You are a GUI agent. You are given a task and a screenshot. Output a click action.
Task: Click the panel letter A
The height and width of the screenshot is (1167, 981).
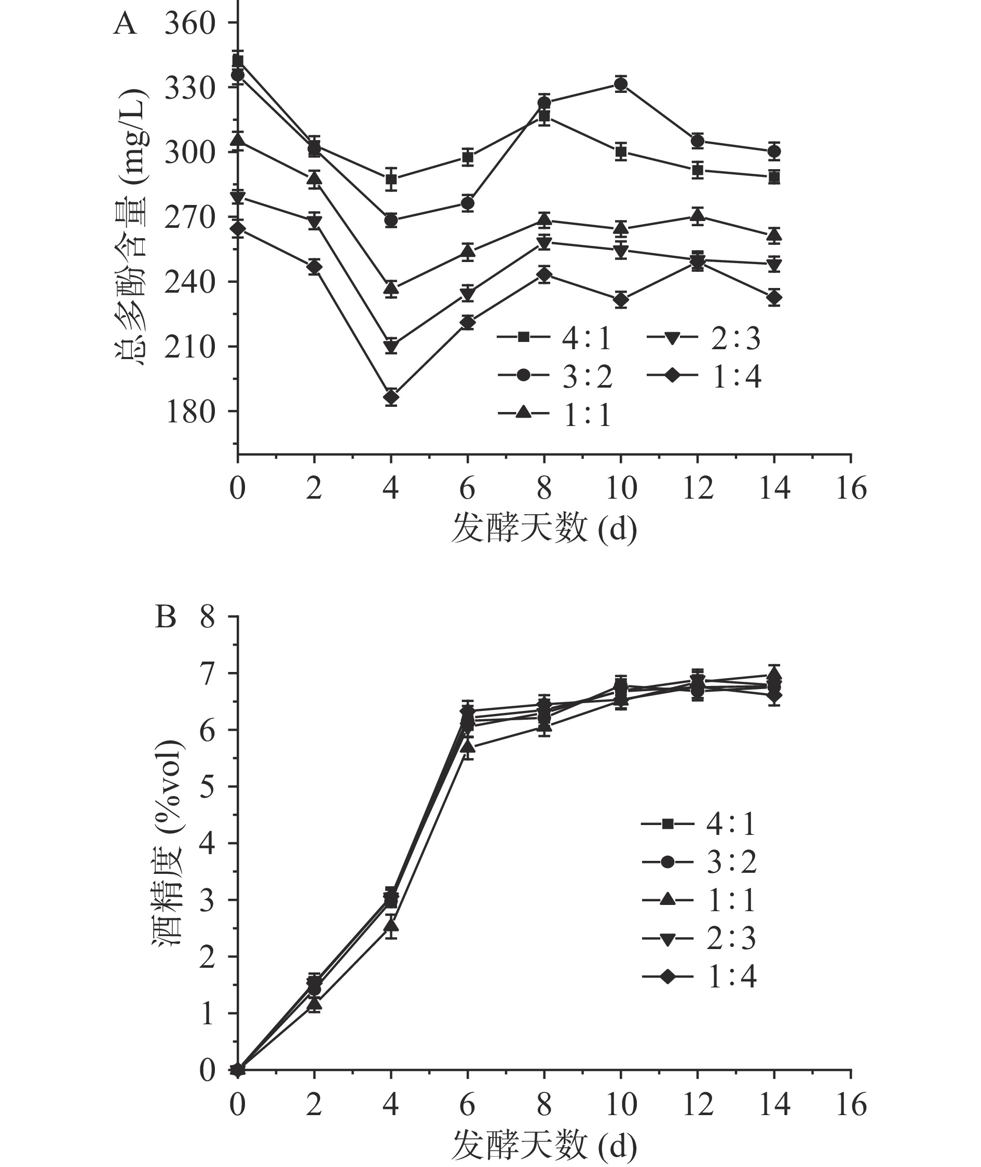[x=125, y=24]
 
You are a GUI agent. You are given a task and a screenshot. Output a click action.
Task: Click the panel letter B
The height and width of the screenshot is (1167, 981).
[x=165, y=616]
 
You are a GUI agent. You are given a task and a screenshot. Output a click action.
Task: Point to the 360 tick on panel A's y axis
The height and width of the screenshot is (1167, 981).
[x=189, y=23]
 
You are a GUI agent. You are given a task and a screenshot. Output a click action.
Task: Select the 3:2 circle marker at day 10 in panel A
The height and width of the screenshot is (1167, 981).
[x=621, y=84]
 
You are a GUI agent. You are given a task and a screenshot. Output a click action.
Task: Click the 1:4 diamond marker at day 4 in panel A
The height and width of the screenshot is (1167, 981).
[x=391, y=397]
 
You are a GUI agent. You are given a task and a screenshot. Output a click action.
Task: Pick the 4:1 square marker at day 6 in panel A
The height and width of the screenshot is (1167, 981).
[x=468, y=157]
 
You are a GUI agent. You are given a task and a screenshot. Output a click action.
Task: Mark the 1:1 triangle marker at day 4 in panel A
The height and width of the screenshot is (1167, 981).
[x=391, y=288]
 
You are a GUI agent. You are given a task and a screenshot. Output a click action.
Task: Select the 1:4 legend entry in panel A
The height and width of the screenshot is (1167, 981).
[x=703, y=376]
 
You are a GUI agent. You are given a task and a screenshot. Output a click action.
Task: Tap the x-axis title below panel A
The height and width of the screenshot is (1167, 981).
[x=543, y=528]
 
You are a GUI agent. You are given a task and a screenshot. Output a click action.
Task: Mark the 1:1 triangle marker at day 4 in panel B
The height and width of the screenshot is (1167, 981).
[x=391, y=925]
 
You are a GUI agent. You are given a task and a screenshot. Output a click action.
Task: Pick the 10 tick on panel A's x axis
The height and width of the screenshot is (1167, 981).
[x=621, y=489]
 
